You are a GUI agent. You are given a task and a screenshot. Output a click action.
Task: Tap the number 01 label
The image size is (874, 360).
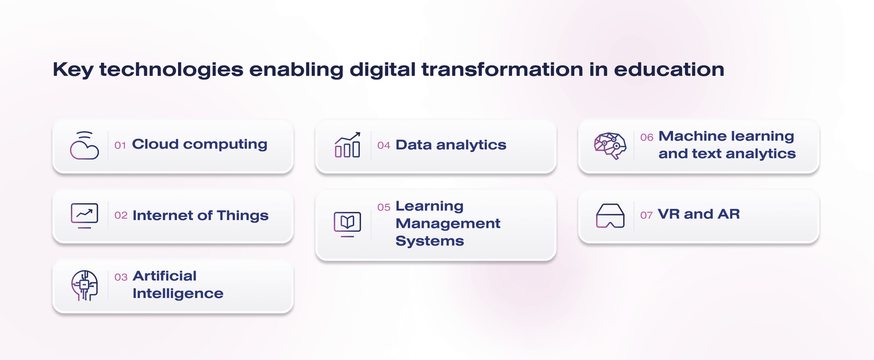(x=120, y=145)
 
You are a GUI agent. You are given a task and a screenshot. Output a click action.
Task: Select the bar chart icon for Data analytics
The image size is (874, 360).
(x=347, y=145)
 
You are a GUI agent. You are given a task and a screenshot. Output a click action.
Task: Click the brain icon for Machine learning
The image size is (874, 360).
(x=610, y=146)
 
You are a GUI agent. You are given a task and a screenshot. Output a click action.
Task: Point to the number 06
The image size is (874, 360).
(x=647, y=137)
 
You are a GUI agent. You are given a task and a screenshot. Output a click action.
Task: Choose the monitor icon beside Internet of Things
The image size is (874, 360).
(x=84, y=215)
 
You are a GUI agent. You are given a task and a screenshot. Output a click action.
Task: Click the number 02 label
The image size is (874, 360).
(x=121, y=215)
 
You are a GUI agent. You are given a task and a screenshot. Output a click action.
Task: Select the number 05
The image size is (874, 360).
(x=384, y=208)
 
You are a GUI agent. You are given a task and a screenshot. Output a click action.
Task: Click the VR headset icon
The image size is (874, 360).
(x=610, y=216)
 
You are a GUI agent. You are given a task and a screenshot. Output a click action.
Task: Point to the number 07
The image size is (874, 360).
(x=647, y=215)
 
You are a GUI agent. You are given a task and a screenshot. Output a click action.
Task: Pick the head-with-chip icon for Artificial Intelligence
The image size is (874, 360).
(x=84, y=286)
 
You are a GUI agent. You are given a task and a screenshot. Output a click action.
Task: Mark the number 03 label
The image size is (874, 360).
(x=121, y=278)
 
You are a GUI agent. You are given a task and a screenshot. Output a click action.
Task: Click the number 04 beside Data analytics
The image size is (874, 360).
(x=384, y=145)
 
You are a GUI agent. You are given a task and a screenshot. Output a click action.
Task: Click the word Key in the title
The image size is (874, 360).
(x=73, y=70)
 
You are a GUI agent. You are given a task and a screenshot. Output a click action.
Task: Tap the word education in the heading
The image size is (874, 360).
(x=669, y=69)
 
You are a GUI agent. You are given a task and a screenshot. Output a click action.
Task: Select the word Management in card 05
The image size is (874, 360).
(x=448, y=224)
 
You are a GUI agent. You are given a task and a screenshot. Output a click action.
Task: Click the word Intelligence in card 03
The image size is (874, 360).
(x=178, y=294)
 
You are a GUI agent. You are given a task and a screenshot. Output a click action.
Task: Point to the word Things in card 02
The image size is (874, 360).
(x=243, y=216)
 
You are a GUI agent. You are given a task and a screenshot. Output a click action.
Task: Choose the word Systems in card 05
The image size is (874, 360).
(x=429, y=241)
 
